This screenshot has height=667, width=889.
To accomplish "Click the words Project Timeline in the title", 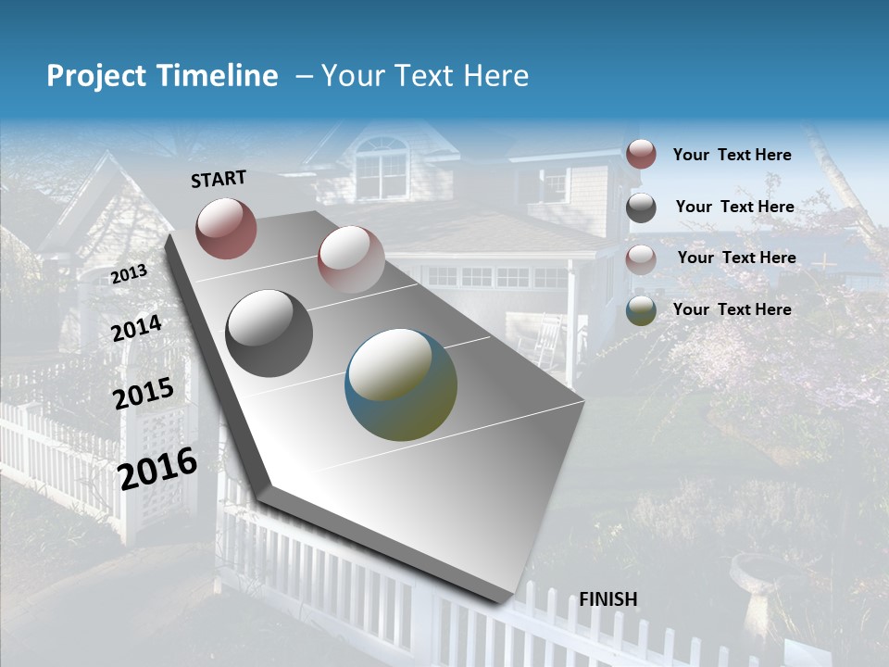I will pos(162,76).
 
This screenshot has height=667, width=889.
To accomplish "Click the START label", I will pos(219,179).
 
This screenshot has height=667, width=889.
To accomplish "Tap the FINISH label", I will pos(608,599).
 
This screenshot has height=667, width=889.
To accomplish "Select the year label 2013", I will pos(130,274).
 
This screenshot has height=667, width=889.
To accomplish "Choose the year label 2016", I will pos(158,468).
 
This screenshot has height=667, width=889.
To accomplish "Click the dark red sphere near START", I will pos(226,228).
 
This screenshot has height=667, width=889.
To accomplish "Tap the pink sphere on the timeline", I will pos(351,258).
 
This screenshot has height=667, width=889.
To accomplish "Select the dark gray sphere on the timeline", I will pos(269,333).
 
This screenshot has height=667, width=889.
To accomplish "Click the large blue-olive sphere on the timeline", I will pos(401,384).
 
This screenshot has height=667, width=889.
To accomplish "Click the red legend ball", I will pos(641,154).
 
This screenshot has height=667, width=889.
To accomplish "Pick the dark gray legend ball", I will pos(641,208).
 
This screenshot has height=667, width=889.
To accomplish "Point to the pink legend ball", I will pos(641,258).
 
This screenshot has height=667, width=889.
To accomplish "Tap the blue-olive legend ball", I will pos(641,310).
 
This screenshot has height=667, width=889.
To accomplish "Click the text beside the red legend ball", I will pos(732,155).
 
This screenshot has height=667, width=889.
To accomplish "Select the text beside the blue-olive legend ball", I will pos(732,309).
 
